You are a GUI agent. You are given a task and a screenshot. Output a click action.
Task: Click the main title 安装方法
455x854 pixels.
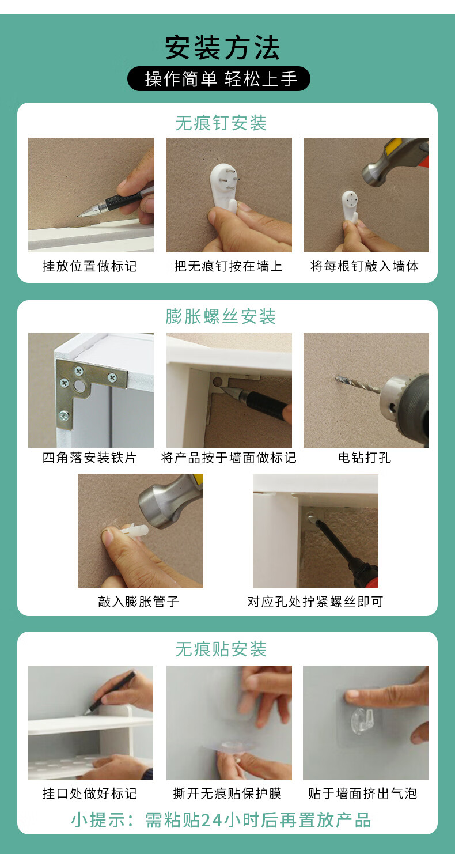click(x=222, y=48)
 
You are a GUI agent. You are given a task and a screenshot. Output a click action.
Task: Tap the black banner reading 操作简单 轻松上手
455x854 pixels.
click(x=219, y=78)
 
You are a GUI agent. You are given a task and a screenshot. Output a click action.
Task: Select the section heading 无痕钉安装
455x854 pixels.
click(x=221, y=123)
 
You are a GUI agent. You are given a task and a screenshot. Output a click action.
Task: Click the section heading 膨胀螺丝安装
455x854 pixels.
click(x=221, y=316)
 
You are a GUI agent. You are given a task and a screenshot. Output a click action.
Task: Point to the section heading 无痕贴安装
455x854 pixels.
click(x=221, y=649)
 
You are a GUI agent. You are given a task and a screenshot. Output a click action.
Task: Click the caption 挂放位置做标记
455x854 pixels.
click(x=90, y=266)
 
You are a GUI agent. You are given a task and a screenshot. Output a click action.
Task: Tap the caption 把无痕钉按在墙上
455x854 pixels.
click(x=228, y=266)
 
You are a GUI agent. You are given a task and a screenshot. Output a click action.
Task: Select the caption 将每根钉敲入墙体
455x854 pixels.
click(x=365, y=266)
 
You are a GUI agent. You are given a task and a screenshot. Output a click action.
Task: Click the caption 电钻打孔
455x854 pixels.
click(x=365, y=458)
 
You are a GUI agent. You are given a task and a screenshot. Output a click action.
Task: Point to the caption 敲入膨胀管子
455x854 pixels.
click(x=139, y=602)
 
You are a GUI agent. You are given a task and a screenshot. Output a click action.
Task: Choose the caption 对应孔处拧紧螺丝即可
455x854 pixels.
click(x=315, y=602)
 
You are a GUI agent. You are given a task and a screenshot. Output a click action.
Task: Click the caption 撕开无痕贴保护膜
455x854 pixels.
click(x=227, y=793)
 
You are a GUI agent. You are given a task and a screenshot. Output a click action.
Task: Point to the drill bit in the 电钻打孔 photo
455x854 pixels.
click(x=358, y=384)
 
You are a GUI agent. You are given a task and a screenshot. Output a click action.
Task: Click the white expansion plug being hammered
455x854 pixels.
click(x=134, y=530)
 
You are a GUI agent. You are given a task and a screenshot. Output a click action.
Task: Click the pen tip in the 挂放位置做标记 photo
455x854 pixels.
click(x=79, y=216)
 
